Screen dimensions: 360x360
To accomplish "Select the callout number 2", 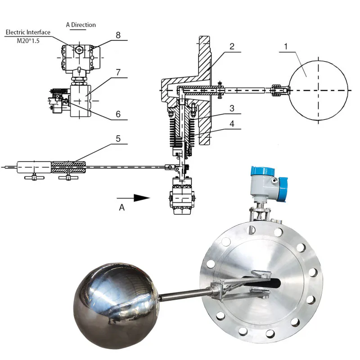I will [x=232, y=46].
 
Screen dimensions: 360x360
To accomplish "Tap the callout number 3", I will [x=232, y=108].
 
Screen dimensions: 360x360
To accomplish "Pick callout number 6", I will [x=118, y=114].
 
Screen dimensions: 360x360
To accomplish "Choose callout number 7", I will [x=118, y=72].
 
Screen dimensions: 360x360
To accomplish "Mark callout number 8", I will [x=118, y=34].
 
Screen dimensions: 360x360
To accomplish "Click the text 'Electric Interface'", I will [x=28, y=32].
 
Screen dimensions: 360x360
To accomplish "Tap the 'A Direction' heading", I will [x=81, y=25].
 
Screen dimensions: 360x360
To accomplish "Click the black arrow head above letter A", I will [x=142, y=197].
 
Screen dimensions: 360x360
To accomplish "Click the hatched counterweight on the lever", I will [x=67, y=167].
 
